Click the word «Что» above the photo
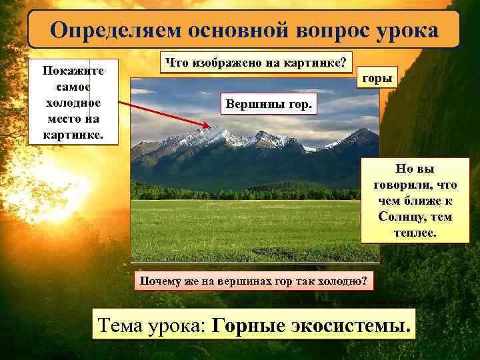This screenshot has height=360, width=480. click(177, 63)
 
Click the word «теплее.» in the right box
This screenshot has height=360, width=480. click(415, 233)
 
